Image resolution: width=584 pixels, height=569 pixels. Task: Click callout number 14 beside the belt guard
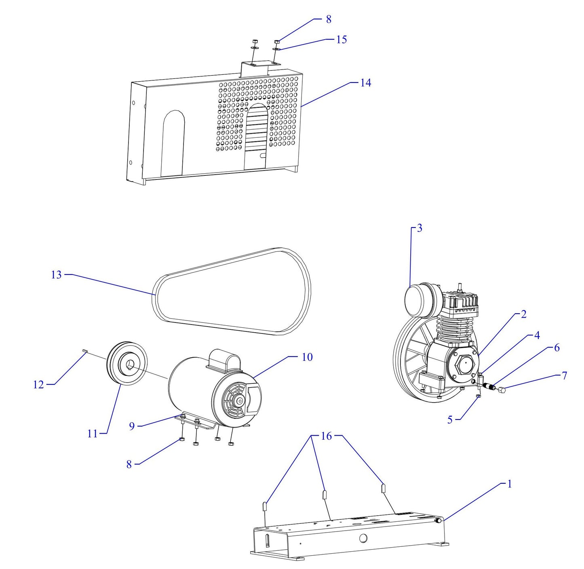[365, 83]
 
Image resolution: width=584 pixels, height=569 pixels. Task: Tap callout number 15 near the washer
[341, 40]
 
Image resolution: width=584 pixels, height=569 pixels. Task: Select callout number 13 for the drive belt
[56, 275]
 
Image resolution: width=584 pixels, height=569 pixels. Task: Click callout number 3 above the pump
[420, 228]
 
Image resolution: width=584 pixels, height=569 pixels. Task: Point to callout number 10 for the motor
[307, 357]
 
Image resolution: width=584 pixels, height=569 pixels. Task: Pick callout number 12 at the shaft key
[38, 385]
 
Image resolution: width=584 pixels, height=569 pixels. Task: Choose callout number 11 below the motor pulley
[93, 434]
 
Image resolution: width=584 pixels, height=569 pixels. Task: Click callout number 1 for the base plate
[509, 484]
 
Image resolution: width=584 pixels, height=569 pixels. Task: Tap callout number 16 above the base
[326, 436]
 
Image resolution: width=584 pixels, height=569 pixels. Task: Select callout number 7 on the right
[564, 376]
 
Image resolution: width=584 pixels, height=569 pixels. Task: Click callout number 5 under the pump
[450, 420]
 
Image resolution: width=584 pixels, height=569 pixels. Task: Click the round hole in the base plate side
[363, 538]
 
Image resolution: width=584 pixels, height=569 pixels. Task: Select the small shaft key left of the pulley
[85, 351]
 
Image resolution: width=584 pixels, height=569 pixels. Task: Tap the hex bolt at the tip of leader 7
[502, 390]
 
